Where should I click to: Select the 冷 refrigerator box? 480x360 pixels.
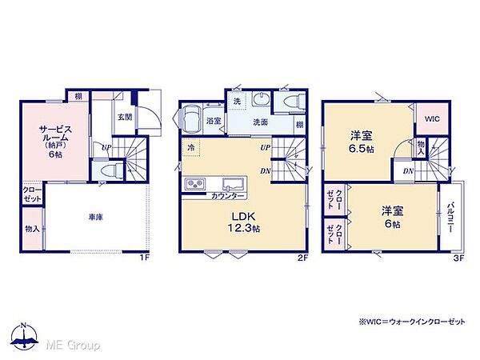(192, 148)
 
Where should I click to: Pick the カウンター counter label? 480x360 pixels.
(228, 196)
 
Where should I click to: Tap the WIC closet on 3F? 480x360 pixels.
(432, 119)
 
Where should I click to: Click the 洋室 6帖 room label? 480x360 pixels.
(391, 217)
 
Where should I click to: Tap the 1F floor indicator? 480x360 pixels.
(144, 257)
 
